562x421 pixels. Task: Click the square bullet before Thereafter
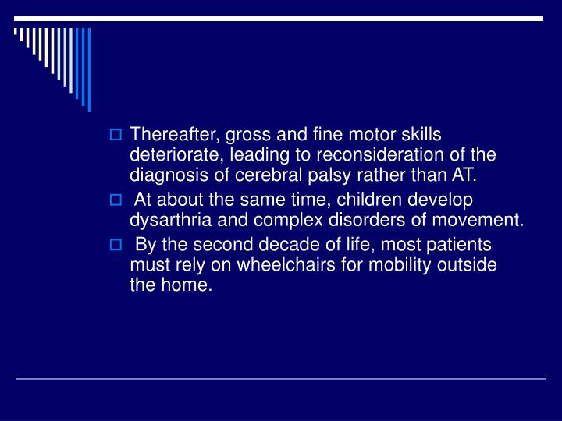coord(116,136)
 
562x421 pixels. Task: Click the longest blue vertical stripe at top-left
coord(89,69)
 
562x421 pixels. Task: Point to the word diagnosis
coord(165,174)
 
